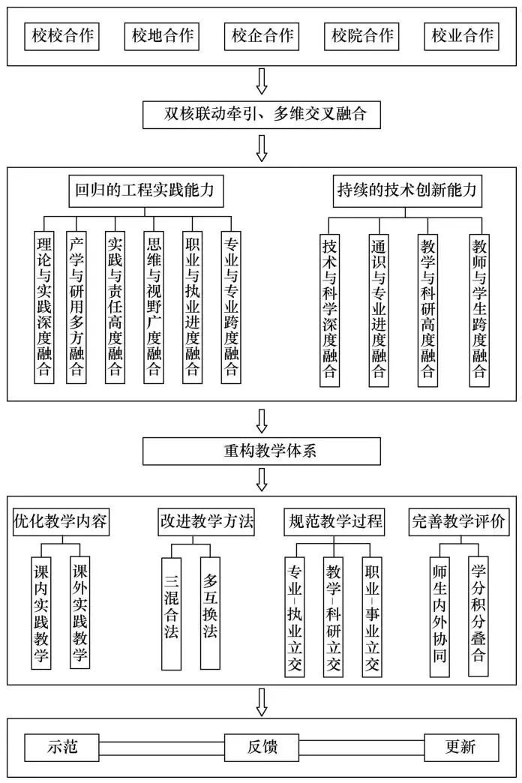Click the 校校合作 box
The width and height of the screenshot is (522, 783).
62,35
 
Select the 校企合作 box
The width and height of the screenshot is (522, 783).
262,35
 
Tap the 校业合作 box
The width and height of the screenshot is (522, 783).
462,35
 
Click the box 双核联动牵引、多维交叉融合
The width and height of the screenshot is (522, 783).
262,115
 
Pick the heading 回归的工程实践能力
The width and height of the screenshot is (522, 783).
145,190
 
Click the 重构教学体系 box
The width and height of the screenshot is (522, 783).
262,451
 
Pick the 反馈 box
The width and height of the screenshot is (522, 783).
262,747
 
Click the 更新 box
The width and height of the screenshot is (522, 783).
461,747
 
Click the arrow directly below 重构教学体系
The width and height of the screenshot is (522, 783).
262,478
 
